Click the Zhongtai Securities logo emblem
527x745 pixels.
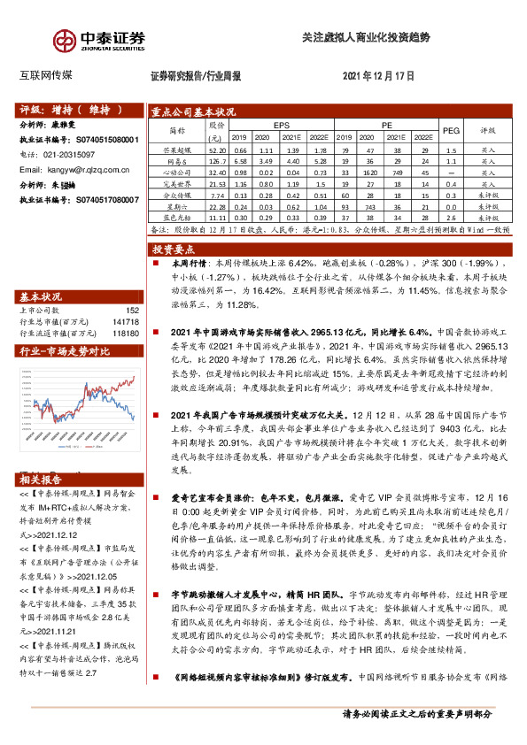click(x=64, y=41)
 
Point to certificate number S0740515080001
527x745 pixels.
click(x=105, y=140)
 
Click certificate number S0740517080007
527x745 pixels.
click(x=105, y=200)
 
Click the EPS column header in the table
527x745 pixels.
click(x=282, y=126)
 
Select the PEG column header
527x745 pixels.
click(x=451, y=131)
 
